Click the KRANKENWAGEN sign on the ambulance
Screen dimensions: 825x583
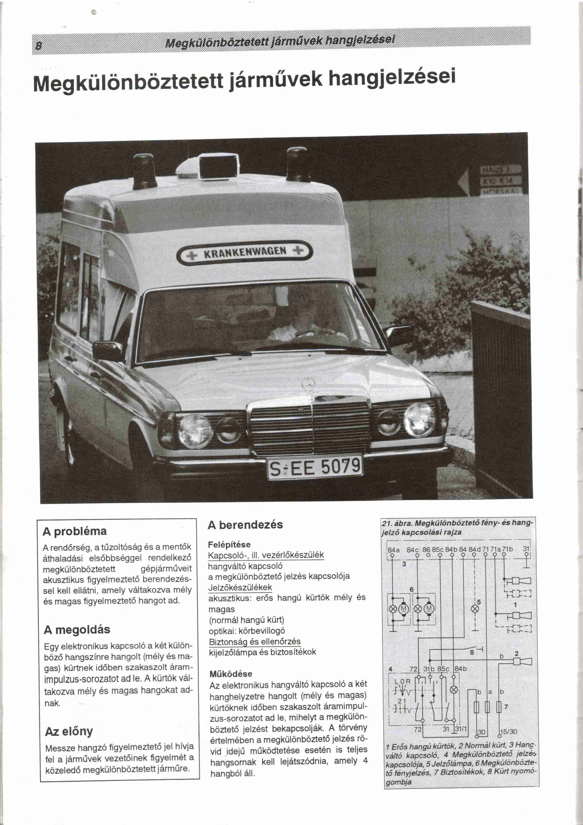point(245,252)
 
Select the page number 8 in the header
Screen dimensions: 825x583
point(38,46)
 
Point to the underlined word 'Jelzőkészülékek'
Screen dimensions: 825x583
point(240,587)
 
